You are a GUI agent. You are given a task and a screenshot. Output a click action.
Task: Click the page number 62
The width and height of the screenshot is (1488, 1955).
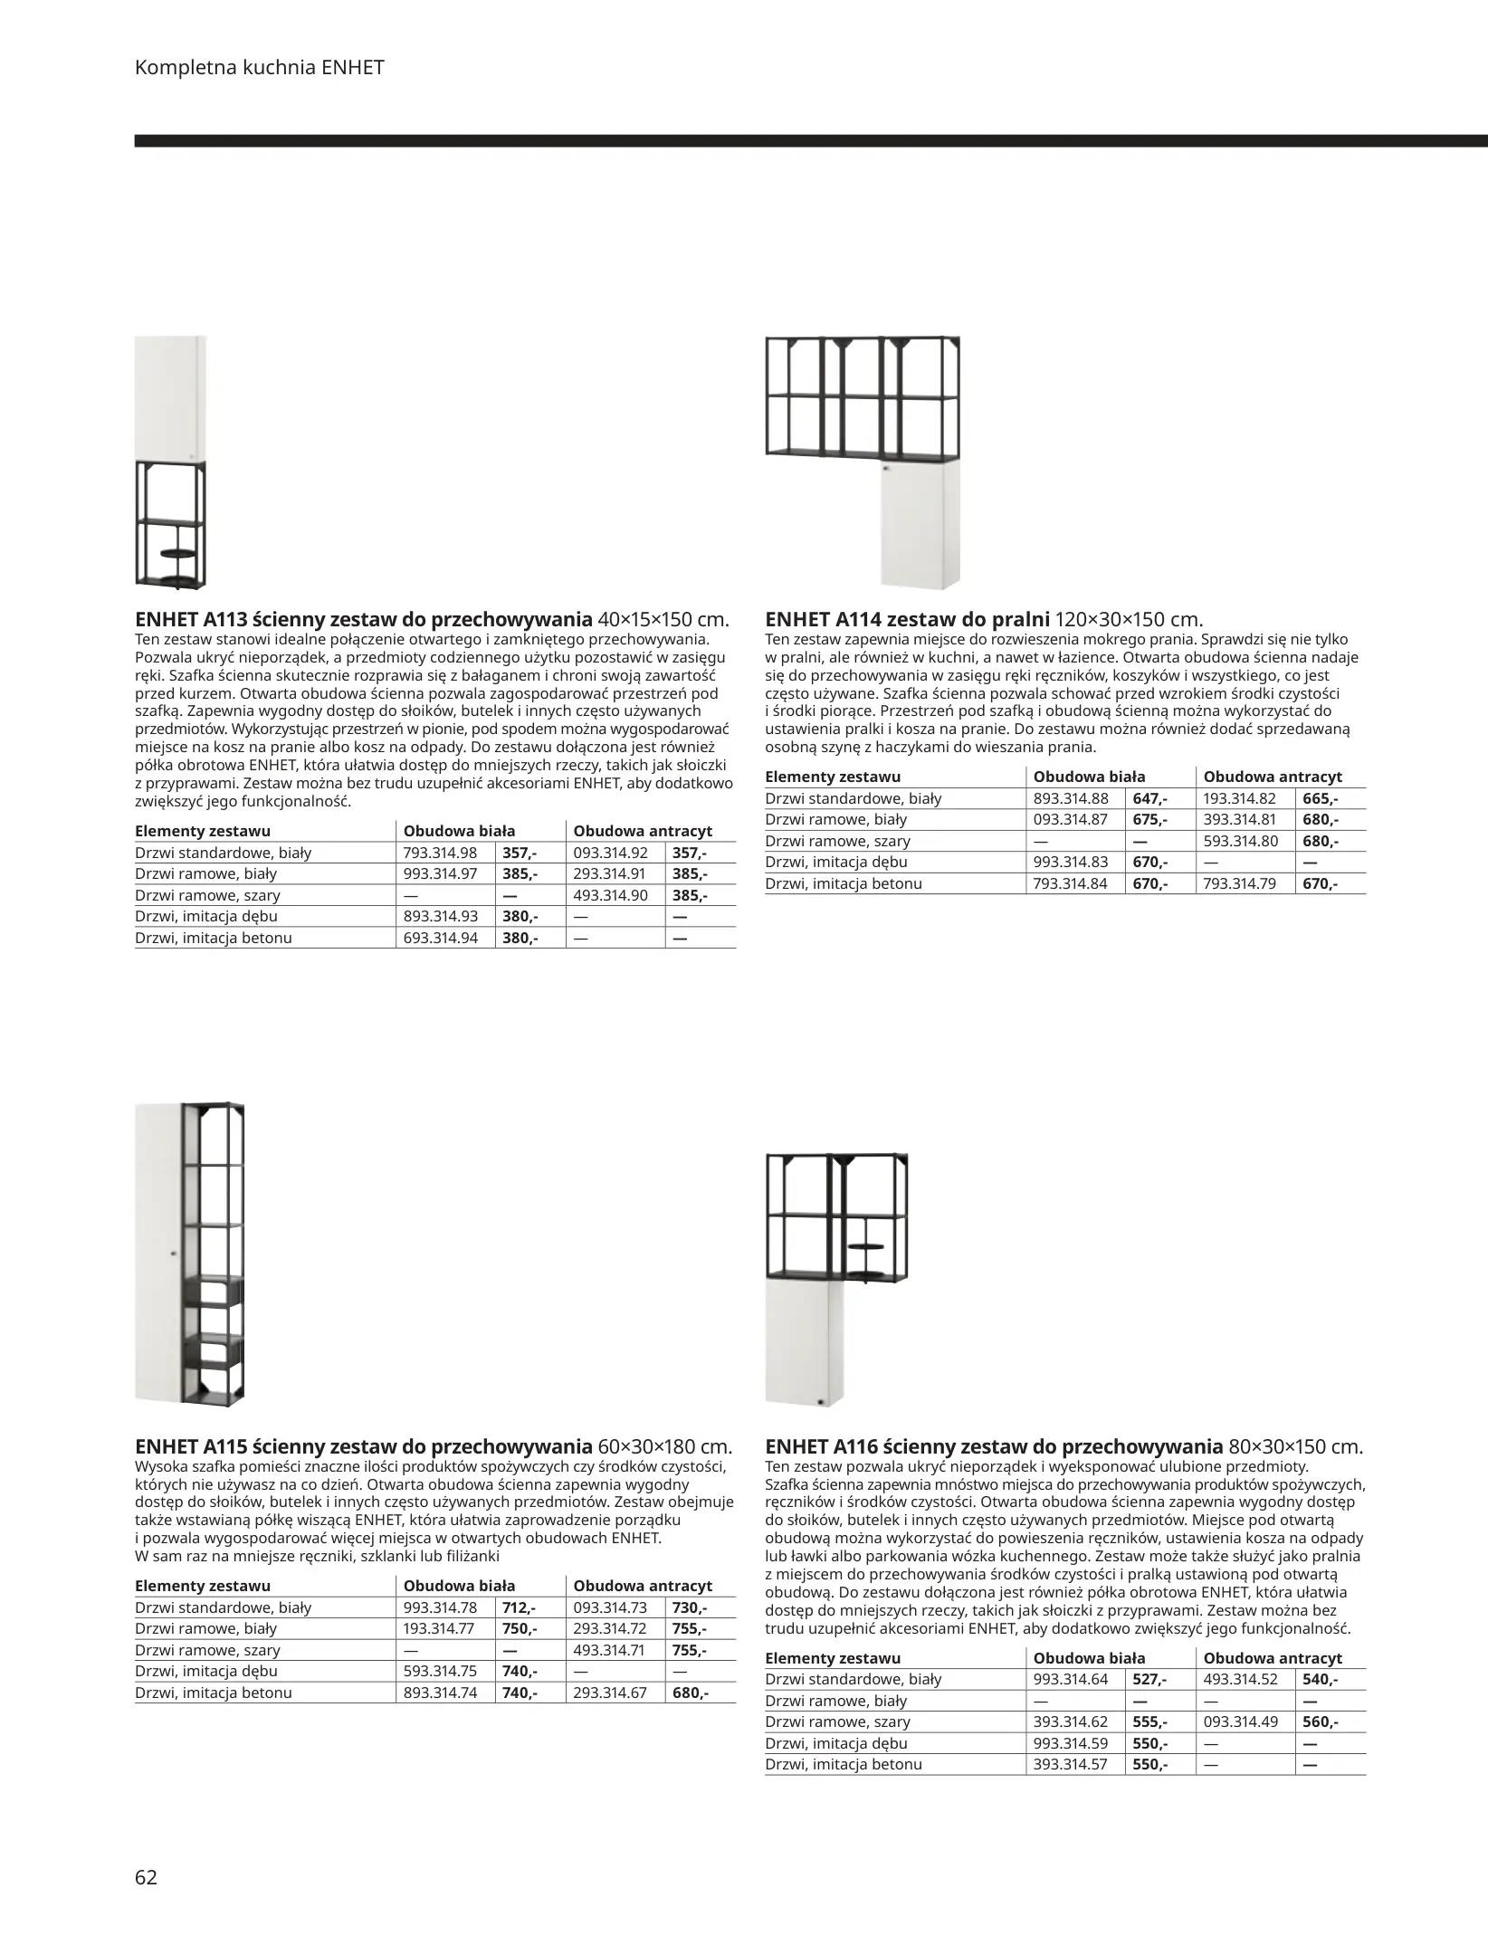(x=146, y=1877)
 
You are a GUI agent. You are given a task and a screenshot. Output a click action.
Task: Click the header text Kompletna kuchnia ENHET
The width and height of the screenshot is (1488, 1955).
(x=259, y=67)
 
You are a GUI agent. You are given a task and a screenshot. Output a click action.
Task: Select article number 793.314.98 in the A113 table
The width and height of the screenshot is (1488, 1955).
(x=440, y=853)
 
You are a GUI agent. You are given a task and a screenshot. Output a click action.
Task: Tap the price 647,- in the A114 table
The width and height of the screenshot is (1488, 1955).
(x=1149, y=798)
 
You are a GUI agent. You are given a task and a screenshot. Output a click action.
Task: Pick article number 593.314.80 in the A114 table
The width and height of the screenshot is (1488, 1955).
(x=1239, y=841)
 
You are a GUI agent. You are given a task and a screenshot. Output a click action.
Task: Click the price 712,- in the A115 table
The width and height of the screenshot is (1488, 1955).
(x=519, y=1607)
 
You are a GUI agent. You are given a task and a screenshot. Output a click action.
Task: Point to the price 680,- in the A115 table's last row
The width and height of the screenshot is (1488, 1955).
(x=691, y=1692)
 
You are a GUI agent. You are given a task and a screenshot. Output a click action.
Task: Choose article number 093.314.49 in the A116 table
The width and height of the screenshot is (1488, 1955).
(x=1240, y=1721)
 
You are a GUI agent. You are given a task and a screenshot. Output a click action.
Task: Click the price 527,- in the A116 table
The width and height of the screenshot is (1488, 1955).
(x=1149, y=1679)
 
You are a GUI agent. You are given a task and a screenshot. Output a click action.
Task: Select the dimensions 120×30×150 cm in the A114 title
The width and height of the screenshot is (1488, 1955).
(x=1130, y=620)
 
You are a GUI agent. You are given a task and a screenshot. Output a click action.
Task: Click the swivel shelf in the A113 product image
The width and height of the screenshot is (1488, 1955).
(x=172, y=552)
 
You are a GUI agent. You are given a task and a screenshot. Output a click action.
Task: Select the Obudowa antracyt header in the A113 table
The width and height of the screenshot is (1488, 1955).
(x=643, y=831)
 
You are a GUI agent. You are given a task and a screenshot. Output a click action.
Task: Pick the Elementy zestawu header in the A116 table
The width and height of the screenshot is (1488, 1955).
(x=833, y=1658)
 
